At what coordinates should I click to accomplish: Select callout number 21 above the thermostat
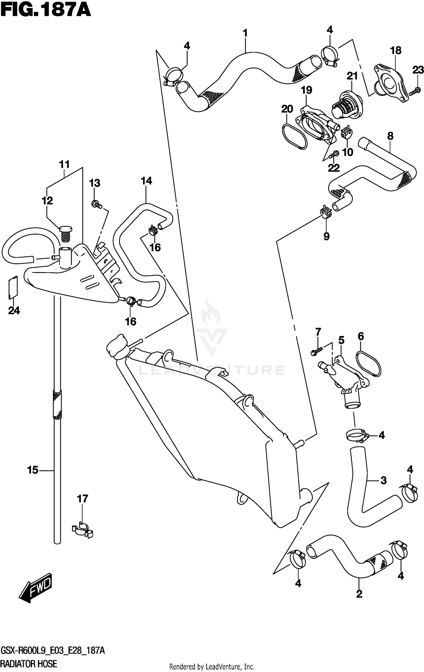pyautogui.click(x=352, y=76)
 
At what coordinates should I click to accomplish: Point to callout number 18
pyautogui.click(x=395, y=51)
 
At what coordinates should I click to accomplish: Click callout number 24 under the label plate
pyautogui.click(x=14, y=311)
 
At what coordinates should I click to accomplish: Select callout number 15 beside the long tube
pyautogui.click(x=33, y=470)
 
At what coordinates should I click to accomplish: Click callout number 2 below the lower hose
pyautogui.click(x=359, y=594)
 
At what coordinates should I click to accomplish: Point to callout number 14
pyautogui.click(x=146, y=181)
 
